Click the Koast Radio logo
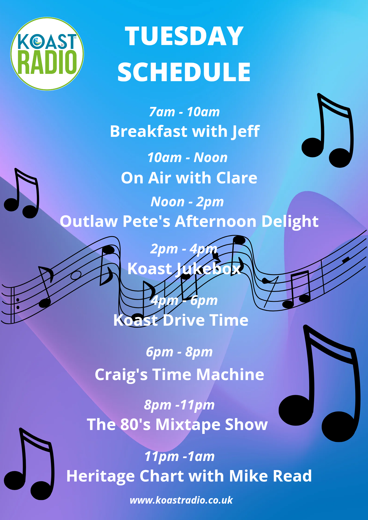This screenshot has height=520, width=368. [x=47, y=54]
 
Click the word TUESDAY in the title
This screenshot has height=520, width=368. [x=184, y=36]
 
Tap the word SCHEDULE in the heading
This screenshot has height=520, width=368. [x=184, y=72]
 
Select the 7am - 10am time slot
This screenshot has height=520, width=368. [x=184, y=112]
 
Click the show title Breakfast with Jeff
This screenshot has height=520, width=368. [x=185, y=131]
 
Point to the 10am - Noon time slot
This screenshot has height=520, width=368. [x=187, y=157]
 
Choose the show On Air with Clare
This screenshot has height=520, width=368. [x=189, y=178]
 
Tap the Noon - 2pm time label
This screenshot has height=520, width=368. [x=187, y=202]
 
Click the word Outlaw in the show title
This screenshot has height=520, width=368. [x=89, y=221]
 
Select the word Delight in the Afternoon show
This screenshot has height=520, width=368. [x=290, y=222]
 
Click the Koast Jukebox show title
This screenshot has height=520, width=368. [x=184, y=269]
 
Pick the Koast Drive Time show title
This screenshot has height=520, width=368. [x=181, y=320]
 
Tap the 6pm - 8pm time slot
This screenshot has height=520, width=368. [x=179, y=352]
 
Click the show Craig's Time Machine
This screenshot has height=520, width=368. [x=179, y=375]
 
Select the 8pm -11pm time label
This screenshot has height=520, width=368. [x=179, y=405]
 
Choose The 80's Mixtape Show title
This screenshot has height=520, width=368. [x=177, y=425]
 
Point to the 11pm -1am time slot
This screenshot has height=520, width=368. [x=179, y=457]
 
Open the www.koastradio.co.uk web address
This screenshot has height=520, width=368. [x=181, y=500]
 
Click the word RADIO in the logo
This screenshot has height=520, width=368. [x=47, y=62]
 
